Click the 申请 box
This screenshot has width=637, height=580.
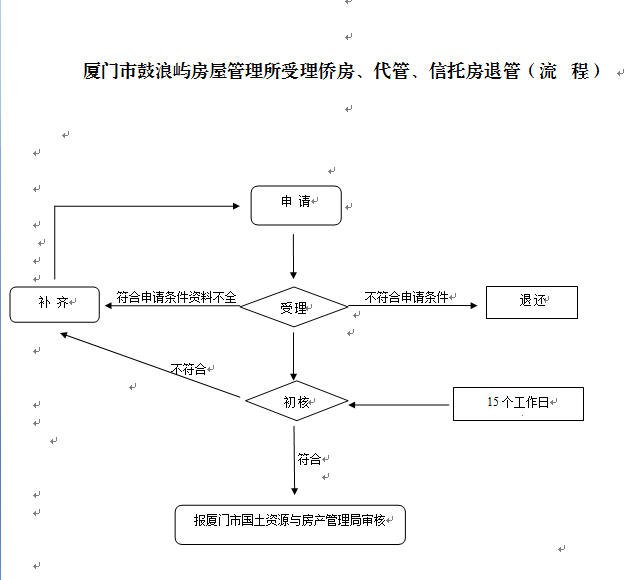[295, 204]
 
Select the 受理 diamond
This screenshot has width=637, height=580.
[293, 307]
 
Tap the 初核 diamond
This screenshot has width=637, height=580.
[296, 402]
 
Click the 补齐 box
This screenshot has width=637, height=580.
[55, 304]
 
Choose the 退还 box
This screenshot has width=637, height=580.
[531, 302]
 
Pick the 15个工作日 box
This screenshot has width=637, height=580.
[517, 403]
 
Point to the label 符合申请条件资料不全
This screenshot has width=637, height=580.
[176, 297]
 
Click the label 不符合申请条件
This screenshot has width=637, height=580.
[406, 297]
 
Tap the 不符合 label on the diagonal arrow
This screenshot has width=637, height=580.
[188, 369]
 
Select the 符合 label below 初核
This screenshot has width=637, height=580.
[309, 459]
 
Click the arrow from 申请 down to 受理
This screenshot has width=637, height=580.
[293, 256]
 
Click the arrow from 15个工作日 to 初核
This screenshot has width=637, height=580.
[400, 404]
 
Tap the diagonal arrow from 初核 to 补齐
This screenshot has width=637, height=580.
[150, 366]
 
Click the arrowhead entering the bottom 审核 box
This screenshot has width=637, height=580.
[294, 489]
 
